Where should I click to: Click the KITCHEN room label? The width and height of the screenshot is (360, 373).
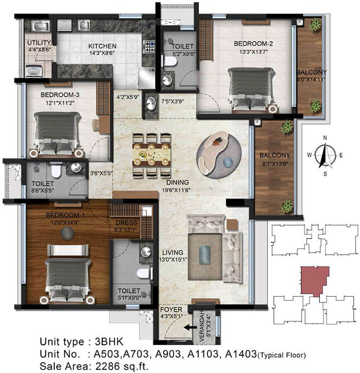point(102,46)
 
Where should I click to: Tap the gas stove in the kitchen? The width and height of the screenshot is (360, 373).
point(149,47)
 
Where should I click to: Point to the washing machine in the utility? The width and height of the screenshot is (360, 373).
point(34,70)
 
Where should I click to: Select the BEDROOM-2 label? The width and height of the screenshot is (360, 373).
point(253,44)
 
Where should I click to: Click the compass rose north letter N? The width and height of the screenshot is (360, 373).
point(325,138)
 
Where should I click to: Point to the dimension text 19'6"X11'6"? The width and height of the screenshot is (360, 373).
point(176,190)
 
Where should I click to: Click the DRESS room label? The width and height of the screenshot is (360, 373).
point(126,223)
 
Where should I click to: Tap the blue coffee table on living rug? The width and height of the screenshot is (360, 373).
point(205,254)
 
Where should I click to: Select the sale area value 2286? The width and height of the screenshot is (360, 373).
point(108,366)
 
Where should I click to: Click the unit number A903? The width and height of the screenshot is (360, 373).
point(168,354)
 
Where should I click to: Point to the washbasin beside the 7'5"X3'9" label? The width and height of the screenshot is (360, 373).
point(151,104)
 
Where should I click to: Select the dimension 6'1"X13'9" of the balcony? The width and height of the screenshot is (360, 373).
point(275,164)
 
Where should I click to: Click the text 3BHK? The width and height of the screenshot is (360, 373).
point(109,342)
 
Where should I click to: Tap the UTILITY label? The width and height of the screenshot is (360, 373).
point(39,43)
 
